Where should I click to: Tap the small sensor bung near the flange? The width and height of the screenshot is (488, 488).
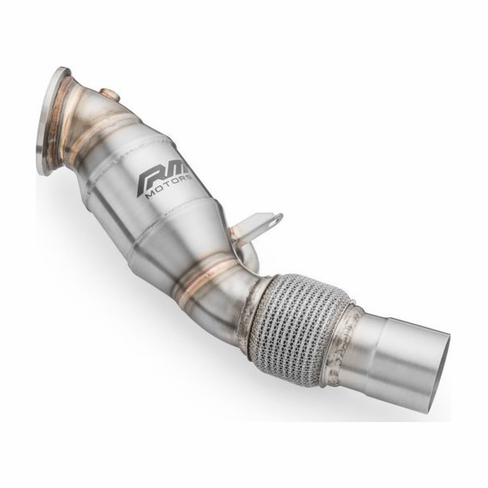tap(107, 87)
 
